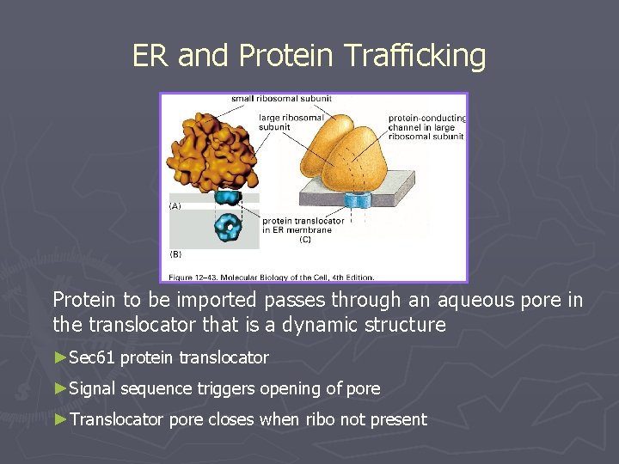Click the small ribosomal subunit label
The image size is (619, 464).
[280, 99]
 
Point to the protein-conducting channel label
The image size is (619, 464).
[426, 126]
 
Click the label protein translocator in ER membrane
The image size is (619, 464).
[303, 225]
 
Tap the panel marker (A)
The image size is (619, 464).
[175, 206]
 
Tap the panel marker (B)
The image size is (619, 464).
[175, 253]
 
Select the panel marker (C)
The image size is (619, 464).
[305, 240]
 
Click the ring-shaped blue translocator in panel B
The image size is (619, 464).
[230, 228]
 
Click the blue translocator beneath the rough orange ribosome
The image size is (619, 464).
[228, 196]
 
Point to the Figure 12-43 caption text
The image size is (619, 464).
[271, 277]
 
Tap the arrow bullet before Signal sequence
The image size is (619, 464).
[60, 388]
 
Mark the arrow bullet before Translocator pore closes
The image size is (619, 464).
[60, 419]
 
